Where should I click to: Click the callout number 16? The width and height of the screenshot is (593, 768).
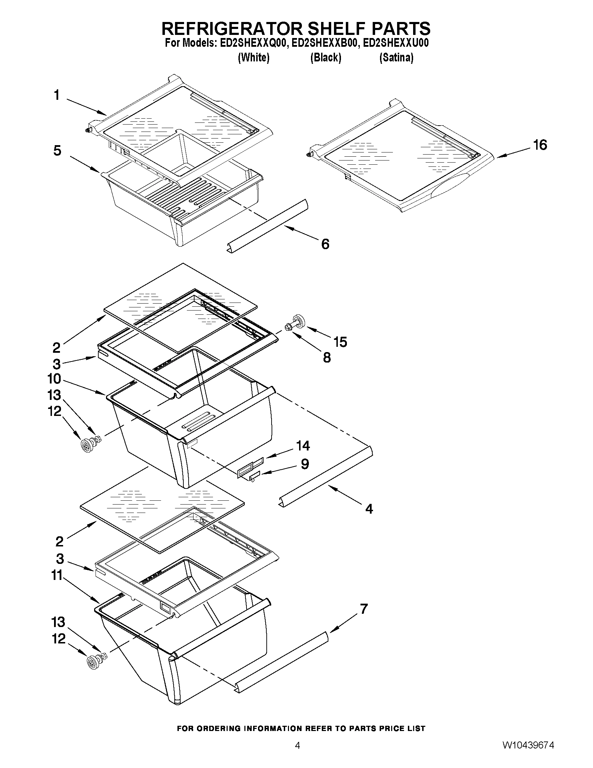(x=540, y=145)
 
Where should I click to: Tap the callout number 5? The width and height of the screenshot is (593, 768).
(x=57, y=150)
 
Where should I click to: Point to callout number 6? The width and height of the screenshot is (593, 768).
(x=325, y=244)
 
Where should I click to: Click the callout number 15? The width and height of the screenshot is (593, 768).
(x=340, y=342)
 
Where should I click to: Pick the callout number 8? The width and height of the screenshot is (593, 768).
(x=327, y=358)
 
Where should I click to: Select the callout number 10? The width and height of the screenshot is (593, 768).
(x=54, y=379)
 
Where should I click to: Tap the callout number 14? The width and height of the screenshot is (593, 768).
(x=303, y=446)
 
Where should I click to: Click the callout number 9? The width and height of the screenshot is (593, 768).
(x=305, y=464)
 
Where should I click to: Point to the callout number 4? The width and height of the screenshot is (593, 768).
(x=369, y=508)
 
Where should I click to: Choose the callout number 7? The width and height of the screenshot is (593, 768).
(x=364, y=609)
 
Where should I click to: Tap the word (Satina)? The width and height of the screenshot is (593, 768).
(x=396, y=57)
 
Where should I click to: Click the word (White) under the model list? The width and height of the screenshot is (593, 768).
(x=254, y=57)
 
